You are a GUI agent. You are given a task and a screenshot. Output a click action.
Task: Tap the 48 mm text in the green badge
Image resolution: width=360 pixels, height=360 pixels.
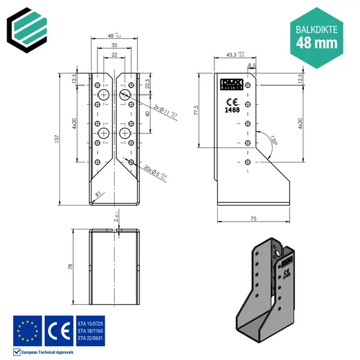click(315, 42)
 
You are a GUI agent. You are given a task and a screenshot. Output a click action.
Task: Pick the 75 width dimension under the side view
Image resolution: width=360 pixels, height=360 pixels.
click(253, 219)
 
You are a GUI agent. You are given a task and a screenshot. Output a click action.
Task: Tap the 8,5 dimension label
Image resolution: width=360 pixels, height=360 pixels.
click(252, 65)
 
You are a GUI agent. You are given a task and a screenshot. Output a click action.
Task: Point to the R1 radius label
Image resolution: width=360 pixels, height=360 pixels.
click(98, 194)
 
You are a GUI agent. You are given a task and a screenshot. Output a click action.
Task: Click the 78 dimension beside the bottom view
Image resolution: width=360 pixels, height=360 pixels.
click(70, 266)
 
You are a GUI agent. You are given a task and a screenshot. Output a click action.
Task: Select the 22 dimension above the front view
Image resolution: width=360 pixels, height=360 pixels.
click(114, 55)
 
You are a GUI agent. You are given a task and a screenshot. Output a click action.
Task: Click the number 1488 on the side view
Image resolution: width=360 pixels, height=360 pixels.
click(232, 110)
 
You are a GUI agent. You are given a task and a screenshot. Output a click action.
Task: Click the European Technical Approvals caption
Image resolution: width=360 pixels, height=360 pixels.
click(47, 352)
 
